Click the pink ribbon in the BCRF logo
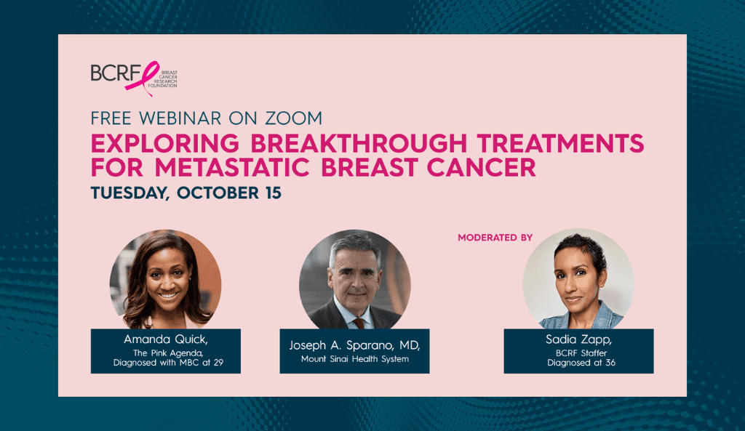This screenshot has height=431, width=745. pyautogui.click(x=143, y=78)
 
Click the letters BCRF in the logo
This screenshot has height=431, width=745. pyautogui.click(x=116, y=73)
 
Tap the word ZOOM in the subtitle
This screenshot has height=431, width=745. pyautogui.click(x=294, y=118)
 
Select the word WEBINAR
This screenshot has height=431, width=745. pyautogui.click(x=180, y=118)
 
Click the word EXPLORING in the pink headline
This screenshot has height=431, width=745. pyautogui.click(x=165, y=143)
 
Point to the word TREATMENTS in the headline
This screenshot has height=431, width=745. pyautogui.click(x=561, y=143)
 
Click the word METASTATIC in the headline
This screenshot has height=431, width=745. pyautogui.click(x=232, y=168)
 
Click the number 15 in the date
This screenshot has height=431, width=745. pyautogui.click(x=274, y=193)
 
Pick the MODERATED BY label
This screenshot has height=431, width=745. pyautogui.click(x=495, y=238)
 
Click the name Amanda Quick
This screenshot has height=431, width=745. pyautogui.click(x=166, y=339)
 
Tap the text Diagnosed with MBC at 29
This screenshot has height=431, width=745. pyautogui.click(x=168, y=363)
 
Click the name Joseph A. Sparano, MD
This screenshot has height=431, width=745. pyautogui.click(x=354, y=345)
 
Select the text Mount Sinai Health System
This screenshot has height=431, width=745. pyautogui.click(x=355, y=359)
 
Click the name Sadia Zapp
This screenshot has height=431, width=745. pyautogui.click(x=578, y=339)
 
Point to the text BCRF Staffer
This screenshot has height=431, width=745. pyautogui.click(x=581, y=353)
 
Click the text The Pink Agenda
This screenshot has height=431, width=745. pyautogui.click(x=168, y=353)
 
